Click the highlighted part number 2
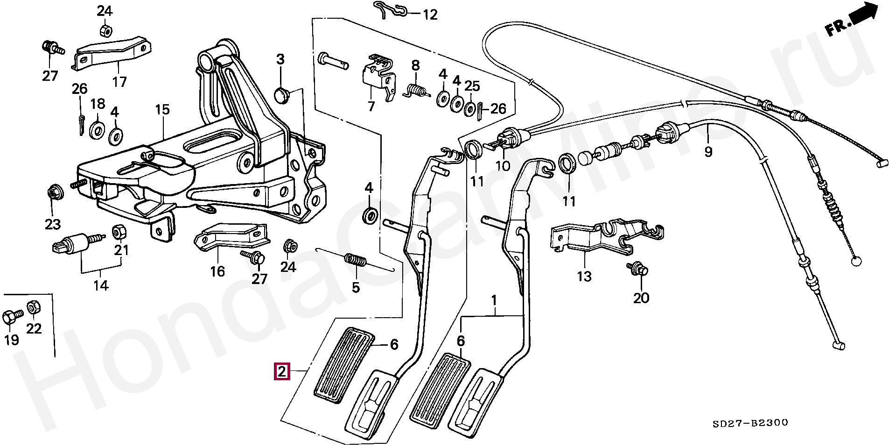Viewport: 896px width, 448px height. coord(281,372)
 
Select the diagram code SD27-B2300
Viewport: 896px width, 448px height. coord(750,423)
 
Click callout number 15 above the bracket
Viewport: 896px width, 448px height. coord(162,110)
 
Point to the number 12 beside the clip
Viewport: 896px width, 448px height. coord(430,15)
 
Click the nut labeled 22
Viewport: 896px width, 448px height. coord(33,308)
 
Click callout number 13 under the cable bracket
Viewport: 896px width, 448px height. coord(584,277)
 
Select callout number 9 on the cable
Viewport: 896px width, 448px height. coord(708,151)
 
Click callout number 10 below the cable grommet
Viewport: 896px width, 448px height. coord(503,166)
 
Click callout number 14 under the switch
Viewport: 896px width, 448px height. coord(101,285)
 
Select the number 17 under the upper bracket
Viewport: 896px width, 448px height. coord(119,82)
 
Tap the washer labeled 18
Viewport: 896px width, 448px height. coord(98,130)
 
